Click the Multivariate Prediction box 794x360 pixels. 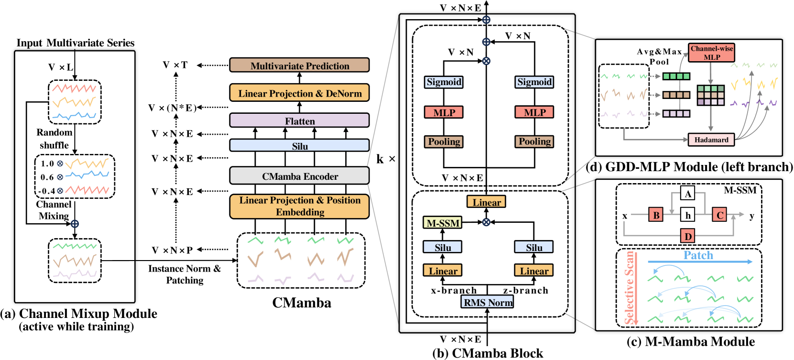(299, 65)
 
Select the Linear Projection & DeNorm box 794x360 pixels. (299, 93)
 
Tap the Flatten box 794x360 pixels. (299, 121)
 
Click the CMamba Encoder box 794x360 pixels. (299, 176)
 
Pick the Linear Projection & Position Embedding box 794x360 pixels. (299, 206)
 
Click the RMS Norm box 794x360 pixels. (488, 302)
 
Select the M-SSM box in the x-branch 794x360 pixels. (443, 223)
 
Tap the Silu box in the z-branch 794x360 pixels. (534, 247)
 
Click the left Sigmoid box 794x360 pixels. (444, 82)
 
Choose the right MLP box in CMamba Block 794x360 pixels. (534, 112)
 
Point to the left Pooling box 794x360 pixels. (444, 142)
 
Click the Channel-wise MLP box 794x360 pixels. (711, 53)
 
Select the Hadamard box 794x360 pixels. (711, 140)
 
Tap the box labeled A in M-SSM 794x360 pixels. (687, 194)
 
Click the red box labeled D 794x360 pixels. (687, 236)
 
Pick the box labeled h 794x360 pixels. (687, 215)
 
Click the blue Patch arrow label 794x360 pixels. (698, 255)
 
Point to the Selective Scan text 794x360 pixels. (630, 288)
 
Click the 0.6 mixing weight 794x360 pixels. (47, 177)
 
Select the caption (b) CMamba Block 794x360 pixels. (488, 353)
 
